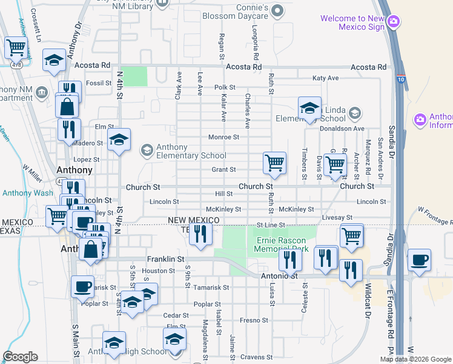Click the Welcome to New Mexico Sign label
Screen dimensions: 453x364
pos(352,22)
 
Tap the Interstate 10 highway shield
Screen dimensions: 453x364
pos(402,78)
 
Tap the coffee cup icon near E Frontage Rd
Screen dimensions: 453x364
pos(419,261)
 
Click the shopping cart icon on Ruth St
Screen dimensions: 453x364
pos(275,163)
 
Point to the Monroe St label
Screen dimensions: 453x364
pos(224,137)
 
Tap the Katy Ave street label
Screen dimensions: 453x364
pos(325,78)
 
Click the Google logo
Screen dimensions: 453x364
pos(21,357)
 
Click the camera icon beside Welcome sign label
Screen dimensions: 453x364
pos(394,22)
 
